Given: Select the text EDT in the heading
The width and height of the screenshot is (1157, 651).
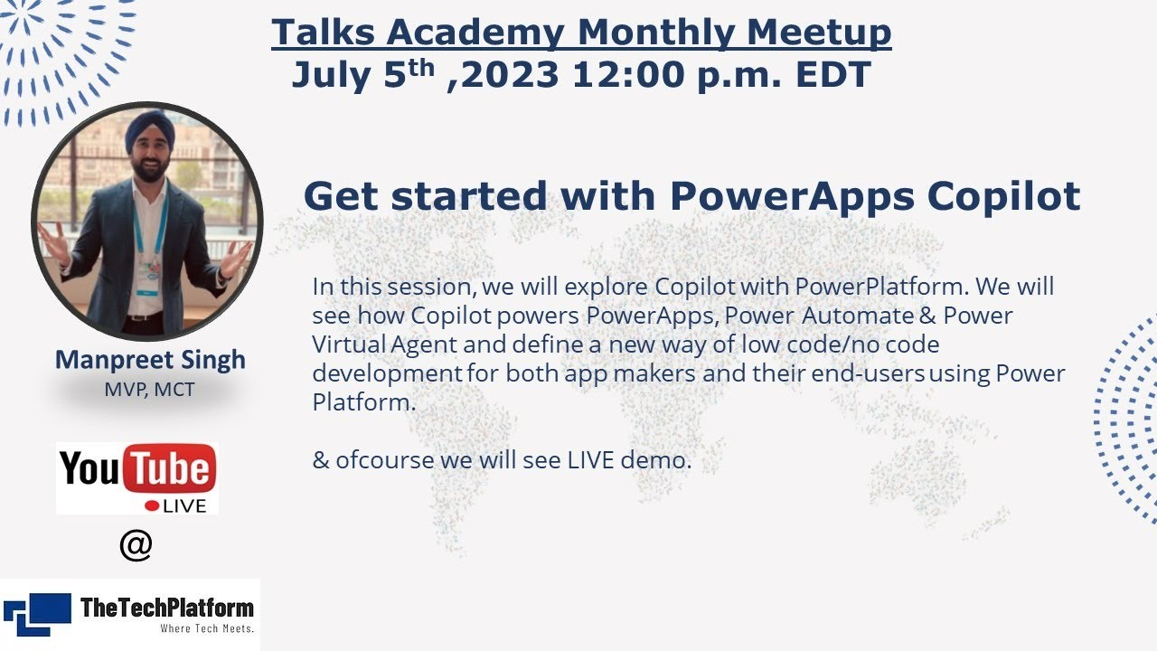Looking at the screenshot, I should [x=832, y=75].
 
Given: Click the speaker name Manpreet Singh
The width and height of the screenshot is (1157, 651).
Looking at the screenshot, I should [x=150, y=359].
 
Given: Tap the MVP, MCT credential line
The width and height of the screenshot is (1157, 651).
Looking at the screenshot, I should [x=149, y=390].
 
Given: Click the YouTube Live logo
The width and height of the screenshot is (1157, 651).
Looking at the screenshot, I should [x=137, y=478].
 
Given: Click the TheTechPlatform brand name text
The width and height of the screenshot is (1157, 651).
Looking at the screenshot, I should [x=167, y=608].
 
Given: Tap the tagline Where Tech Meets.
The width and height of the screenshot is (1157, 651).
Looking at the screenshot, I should [x=207, y=627].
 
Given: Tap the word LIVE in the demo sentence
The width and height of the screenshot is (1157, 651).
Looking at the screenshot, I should [x=590, y=459].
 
